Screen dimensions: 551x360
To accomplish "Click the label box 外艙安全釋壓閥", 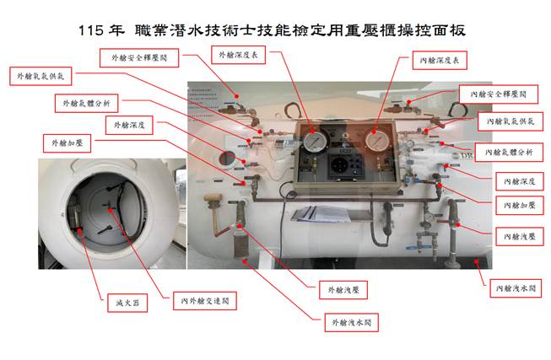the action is click(139, 58).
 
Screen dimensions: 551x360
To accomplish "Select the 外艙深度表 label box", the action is click(238, 55).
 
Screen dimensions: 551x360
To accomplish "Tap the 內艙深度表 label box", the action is click(440, 61).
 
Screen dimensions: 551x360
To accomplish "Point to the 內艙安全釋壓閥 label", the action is click(499, 94).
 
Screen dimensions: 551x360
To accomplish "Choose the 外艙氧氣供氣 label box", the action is click(41, 76).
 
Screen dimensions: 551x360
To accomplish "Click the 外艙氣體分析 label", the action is click(86, 103).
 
